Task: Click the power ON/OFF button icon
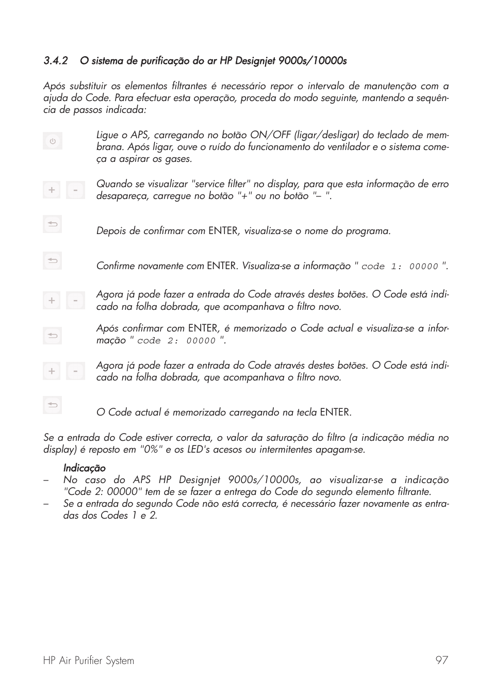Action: pyautogui.click(x=52, y=141)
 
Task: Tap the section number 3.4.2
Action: pyautogui.click(x=56, y=61)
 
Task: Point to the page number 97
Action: pyautogui.click(x=441, y=660)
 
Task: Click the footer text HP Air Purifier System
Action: pyautogui.click(x=88, y=660)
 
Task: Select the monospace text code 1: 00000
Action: pyautogui.click(x=400, y=267)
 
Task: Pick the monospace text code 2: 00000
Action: pyautogui.click(x=176, y=341)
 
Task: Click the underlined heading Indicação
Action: pyautogui.click(x=84, y=468)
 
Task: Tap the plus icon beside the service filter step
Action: pyautogui.click(x=52, y=190)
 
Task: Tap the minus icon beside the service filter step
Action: pyautogui.click(x=75, y=190)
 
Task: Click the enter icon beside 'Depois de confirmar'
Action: pyautogui.click(x=52, y=224)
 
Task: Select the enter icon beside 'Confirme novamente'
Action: pyautogui.click(x=52, y=260)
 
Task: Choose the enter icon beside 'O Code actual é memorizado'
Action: pyautogui.click(x=52, y=405)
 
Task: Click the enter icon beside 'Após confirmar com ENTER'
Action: pyautogui.click(x=52, y=336)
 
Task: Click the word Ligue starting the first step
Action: pyautogui.click(x=107, y=135)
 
